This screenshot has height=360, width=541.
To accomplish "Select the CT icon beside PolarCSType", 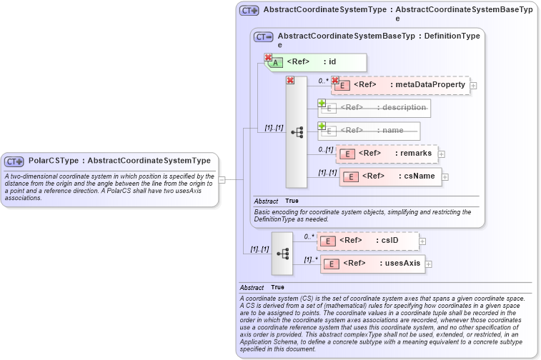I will point(14,161).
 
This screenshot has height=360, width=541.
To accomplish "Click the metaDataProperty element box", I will point(400,85).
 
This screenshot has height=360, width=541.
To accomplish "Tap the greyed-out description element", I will point(375,108).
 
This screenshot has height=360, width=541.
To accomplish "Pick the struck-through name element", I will point(369,131).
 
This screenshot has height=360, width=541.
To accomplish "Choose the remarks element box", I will point(387,153).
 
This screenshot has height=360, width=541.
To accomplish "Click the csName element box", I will point(391,176).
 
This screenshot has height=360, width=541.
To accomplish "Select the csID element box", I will point(368,241).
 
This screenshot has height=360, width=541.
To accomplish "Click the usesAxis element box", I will point(372,264).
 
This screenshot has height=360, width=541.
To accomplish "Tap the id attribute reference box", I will point(318,62).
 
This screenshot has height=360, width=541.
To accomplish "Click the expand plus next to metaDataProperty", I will point(473,86).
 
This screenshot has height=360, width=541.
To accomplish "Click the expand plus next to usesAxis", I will point(429,264).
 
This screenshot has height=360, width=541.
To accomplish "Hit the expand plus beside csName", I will point(445,176).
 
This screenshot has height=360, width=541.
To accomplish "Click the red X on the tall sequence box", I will point(290,81).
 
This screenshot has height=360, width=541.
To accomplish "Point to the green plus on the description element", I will point(322,103).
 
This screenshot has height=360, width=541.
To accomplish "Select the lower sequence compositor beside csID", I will point(282,254).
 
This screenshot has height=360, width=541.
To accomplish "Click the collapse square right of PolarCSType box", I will point(222,180).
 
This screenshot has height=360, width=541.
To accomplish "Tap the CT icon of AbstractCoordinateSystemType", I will point(249,11).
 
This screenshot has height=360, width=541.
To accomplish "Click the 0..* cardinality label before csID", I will point(309,236).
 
